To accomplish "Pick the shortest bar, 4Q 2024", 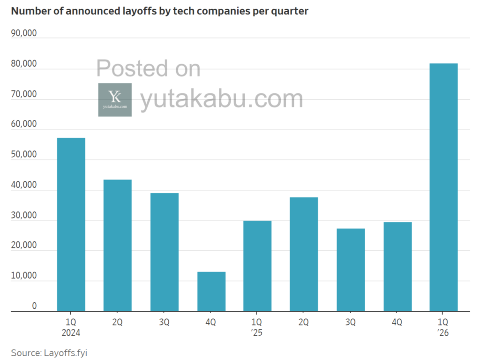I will pyautogui.click(x=211, y=291).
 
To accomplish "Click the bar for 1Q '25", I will pyautogui.click(x=257, y=266).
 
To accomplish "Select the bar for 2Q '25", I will pyautogui.click(x=304, y=254).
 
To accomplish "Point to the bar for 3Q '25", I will pyautogui.click(x=350, y=270).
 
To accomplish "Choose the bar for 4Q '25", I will pyautogui.click(x=397, y=266).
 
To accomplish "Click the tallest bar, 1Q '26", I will pyautogui.click(x=443, y=187).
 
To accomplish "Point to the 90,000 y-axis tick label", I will pyautogui.click(x=23, y=34).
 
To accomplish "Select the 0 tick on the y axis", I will pyautogui.click(x=34, y=306).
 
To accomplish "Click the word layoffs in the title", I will pyautogui.click(x=129, y=11).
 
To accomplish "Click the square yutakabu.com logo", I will pyautogui.click(x=115, y=99).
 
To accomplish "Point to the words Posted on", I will pyautogui.click(x=148, y=68).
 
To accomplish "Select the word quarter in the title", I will pyautogui.click(x=291, y=11).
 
